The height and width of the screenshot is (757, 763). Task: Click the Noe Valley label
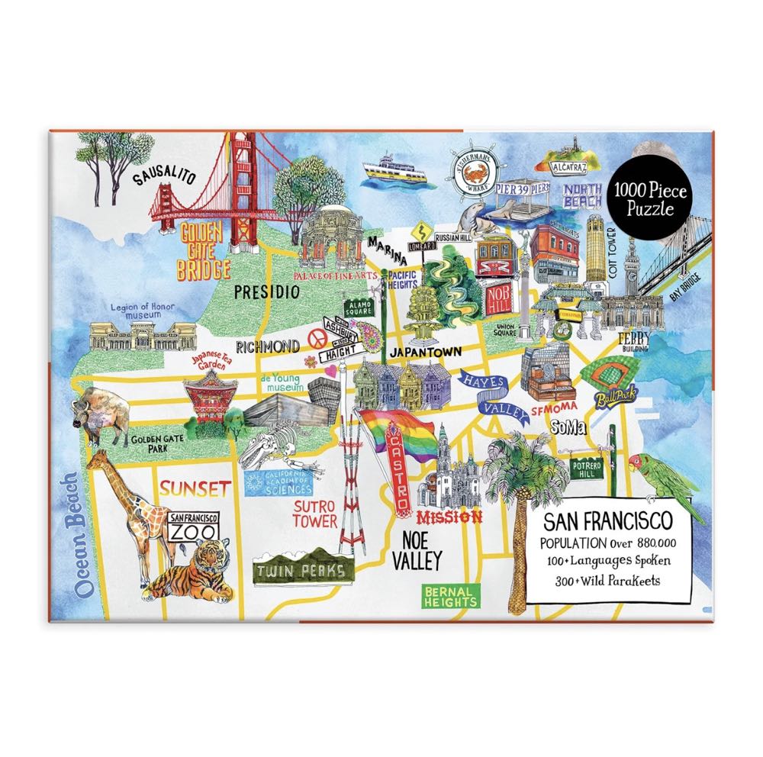pos(417,551)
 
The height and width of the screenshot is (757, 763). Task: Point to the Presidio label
pos(265,291)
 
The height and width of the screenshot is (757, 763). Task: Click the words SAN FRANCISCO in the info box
pos(607,523)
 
